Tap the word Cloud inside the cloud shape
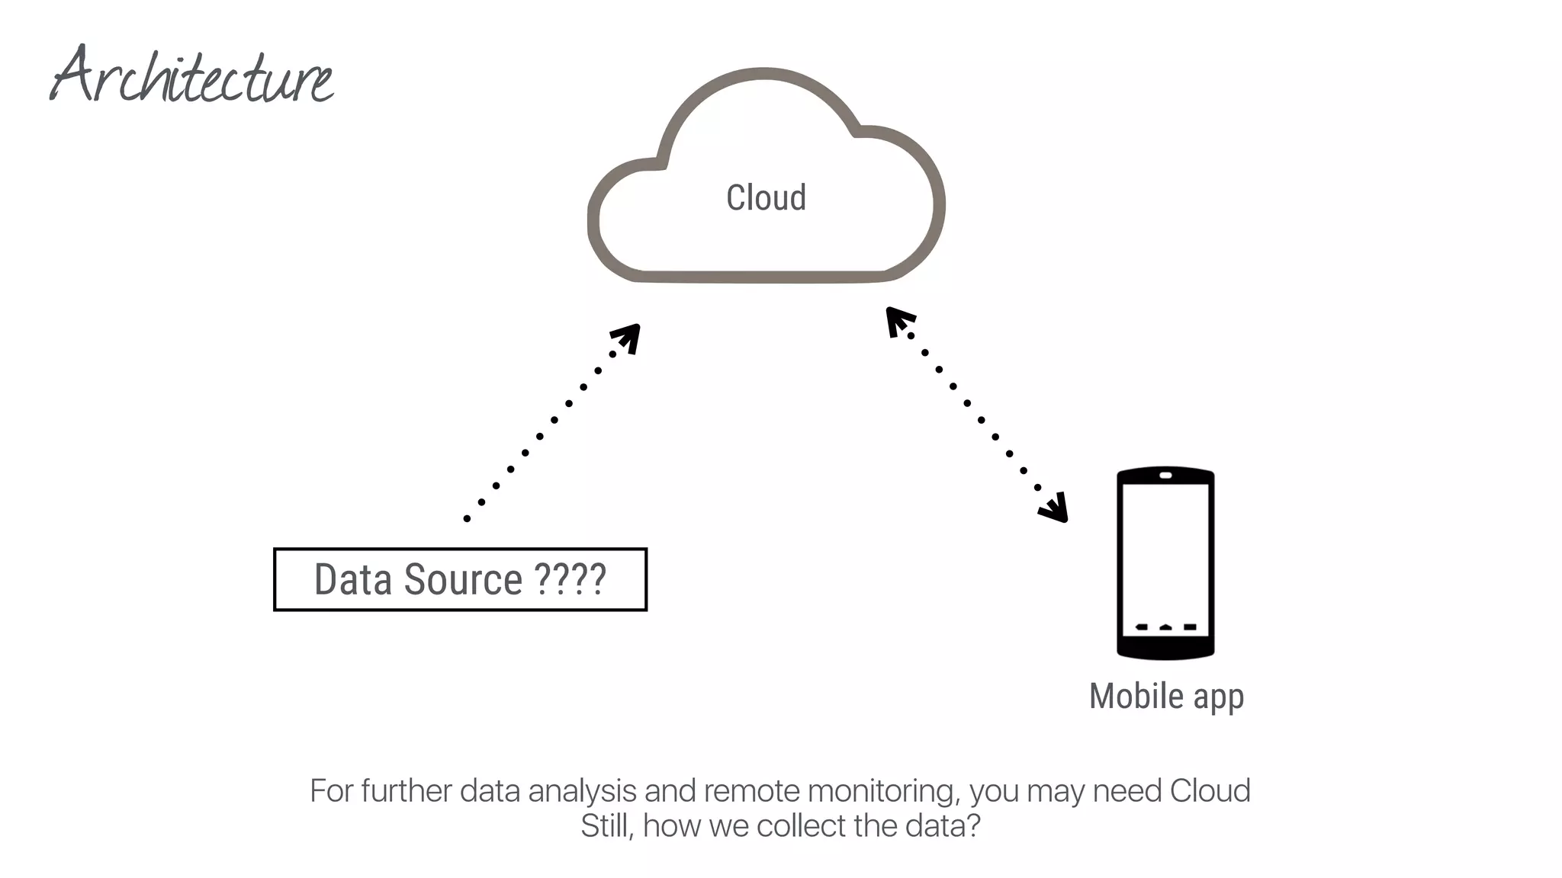(766, 198)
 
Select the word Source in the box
(463, 579)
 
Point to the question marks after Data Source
(570, 579)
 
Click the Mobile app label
(1166, 696)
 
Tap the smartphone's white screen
(1165, 549)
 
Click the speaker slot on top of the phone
(1165, 476)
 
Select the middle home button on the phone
(1165, 627)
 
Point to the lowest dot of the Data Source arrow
(467, 519)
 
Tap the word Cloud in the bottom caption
(1210, 791)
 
